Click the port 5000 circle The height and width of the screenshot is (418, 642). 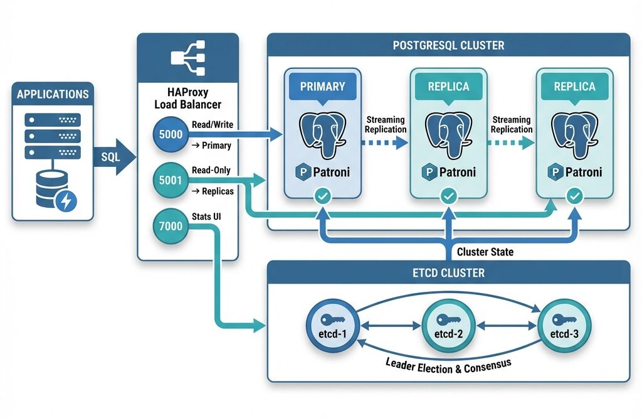[171, 134]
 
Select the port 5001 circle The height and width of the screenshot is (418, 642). [171, 181]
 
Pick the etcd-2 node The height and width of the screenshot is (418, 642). [448, 326]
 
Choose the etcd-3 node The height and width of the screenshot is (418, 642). [564, 326]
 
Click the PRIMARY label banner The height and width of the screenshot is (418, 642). [322, 86]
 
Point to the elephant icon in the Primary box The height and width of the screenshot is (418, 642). [322, 135]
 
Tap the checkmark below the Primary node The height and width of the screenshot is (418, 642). [322, 198]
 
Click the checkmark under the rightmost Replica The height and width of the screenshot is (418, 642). [574, 198]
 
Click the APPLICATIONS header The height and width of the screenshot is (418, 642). [53, 95]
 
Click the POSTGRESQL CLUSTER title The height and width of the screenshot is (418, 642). [448, 46]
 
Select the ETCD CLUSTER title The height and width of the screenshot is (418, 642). [448, 274]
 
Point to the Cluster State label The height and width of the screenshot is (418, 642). [485, 252]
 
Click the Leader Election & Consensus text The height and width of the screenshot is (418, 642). [448, 365]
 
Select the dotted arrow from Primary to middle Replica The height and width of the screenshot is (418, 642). [385, 142]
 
